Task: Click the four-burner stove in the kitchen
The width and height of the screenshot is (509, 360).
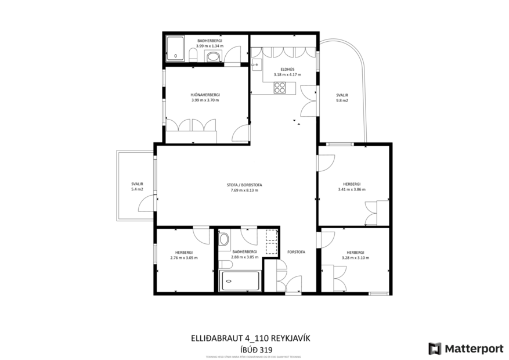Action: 280,88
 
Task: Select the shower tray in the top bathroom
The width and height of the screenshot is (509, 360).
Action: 175,48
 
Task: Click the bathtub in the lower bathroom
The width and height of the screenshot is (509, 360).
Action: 240,281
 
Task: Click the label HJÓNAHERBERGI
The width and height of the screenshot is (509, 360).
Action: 205,94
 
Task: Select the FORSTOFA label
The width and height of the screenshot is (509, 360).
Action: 296,252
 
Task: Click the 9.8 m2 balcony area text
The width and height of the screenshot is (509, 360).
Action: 341,101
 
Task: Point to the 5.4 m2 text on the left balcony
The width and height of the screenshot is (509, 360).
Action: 137,189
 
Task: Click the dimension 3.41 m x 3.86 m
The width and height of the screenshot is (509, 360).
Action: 352,189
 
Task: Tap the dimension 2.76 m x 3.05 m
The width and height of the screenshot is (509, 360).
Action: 183,257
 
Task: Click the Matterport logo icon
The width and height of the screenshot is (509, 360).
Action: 435,348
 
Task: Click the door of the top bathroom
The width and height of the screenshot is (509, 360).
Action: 232,56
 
